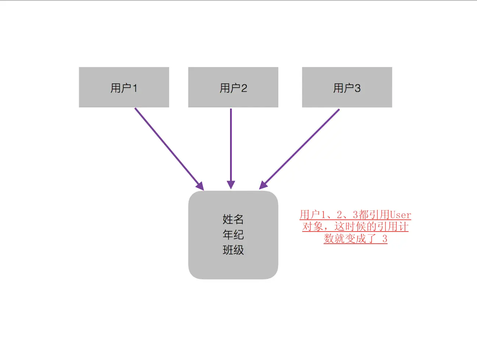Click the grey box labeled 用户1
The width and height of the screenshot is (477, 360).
pyautogui.click(x=124, y=87)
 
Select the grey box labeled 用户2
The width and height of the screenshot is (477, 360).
pyautogui.click(x=233, y=87)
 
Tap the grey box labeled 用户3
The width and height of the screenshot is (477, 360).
pyautogui.click(x=347, y=87)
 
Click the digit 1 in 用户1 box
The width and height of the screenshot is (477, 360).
pyautogui.click(x=135, y=88)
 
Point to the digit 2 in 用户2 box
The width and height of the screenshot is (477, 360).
pyautogui.click(x=244, y=88)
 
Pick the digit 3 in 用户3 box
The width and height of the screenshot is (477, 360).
pyautogui.click(x=357, y=88)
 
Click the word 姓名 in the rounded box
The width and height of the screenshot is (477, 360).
pyautogui.click(x=233, y=219)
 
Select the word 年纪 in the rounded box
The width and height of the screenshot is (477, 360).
pyautogui.click(x=233, y=234)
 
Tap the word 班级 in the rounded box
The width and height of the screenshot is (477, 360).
pyautogui.click(x=233, y=250)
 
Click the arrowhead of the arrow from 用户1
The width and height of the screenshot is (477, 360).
pyautogui.click(x=200, y=186)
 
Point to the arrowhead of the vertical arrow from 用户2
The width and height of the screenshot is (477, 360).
pyautogui.click(x=231, y=185)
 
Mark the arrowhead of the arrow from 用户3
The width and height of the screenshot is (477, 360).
pyautogui.click(x=263, y=185)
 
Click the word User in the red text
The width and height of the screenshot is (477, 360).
pyautogui.click(x=400, y=215)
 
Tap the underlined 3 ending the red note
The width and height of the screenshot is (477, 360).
pyautogui.click(x=384, y=239)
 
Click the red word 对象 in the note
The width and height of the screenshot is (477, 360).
pyautogui.click(x=312, y=227)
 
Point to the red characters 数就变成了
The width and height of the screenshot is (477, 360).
pyautogui.click(x=350, y=239)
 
